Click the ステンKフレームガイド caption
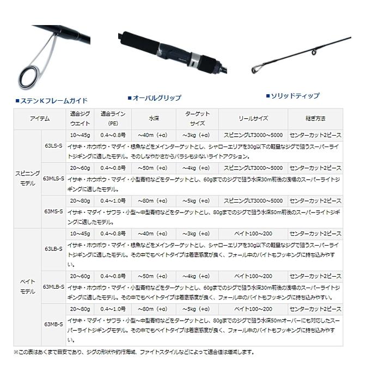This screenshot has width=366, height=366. coord(53,101)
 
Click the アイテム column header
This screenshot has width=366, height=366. coord(39,118)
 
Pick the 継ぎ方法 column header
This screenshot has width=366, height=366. coord(315,118)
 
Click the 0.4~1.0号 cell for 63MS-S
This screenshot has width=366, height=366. coord(113,200)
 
